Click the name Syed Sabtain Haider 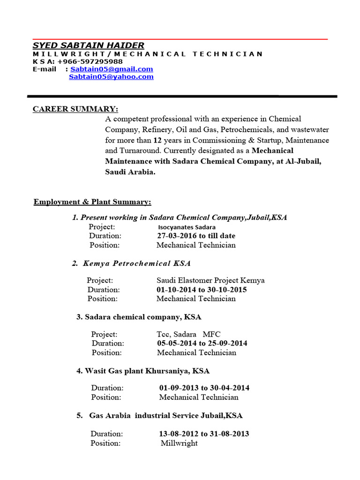click(88, 45)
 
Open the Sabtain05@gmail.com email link click(112, 69)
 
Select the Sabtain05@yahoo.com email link click(111, 76)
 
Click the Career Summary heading click(75, 109)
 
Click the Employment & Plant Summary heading click(92, 202)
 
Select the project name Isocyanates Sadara click(187, 227)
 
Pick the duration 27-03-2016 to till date click(196, 236)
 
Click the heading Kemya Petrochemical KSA click(136, 263)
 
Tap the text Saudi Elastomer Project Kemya click(210, 280)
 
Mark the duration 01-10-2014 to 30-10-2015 click(202, 290)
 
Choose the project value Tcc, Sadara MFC click(188, 334)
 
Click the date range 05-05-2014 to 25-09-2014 click(202, 343)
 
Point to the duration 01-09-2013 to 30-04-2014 click(204, 388)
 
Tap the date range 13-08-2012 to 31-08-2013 click(204, 434)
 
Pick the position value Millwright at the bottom click(179, 443)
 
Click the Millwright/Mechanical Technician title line click(148, 54)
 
